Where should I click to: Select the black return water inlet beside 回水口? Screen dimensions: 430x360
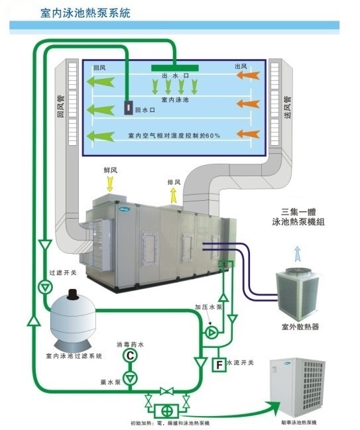click(127, 107)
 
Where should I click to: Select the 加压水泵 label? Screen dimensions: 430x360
click(207, 307)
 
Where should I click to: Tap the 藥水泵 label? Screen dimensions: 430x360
click(110, 382)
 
